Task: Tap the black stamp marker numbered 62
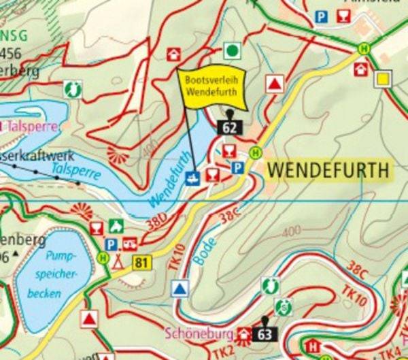229,126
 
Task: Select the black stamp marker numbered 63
265,333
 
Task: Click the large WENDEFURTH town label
329,170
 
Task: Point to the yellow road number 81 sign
141,263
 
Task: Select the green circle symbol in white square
233,50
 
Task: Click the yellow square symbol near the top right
384,78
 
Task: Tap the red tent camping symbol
118,260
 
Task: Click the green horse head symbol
71,88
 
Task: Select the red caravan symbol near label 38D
129,243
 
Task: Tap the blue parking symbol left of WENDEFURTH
237,168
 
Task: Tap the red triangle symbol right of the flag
274,84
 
